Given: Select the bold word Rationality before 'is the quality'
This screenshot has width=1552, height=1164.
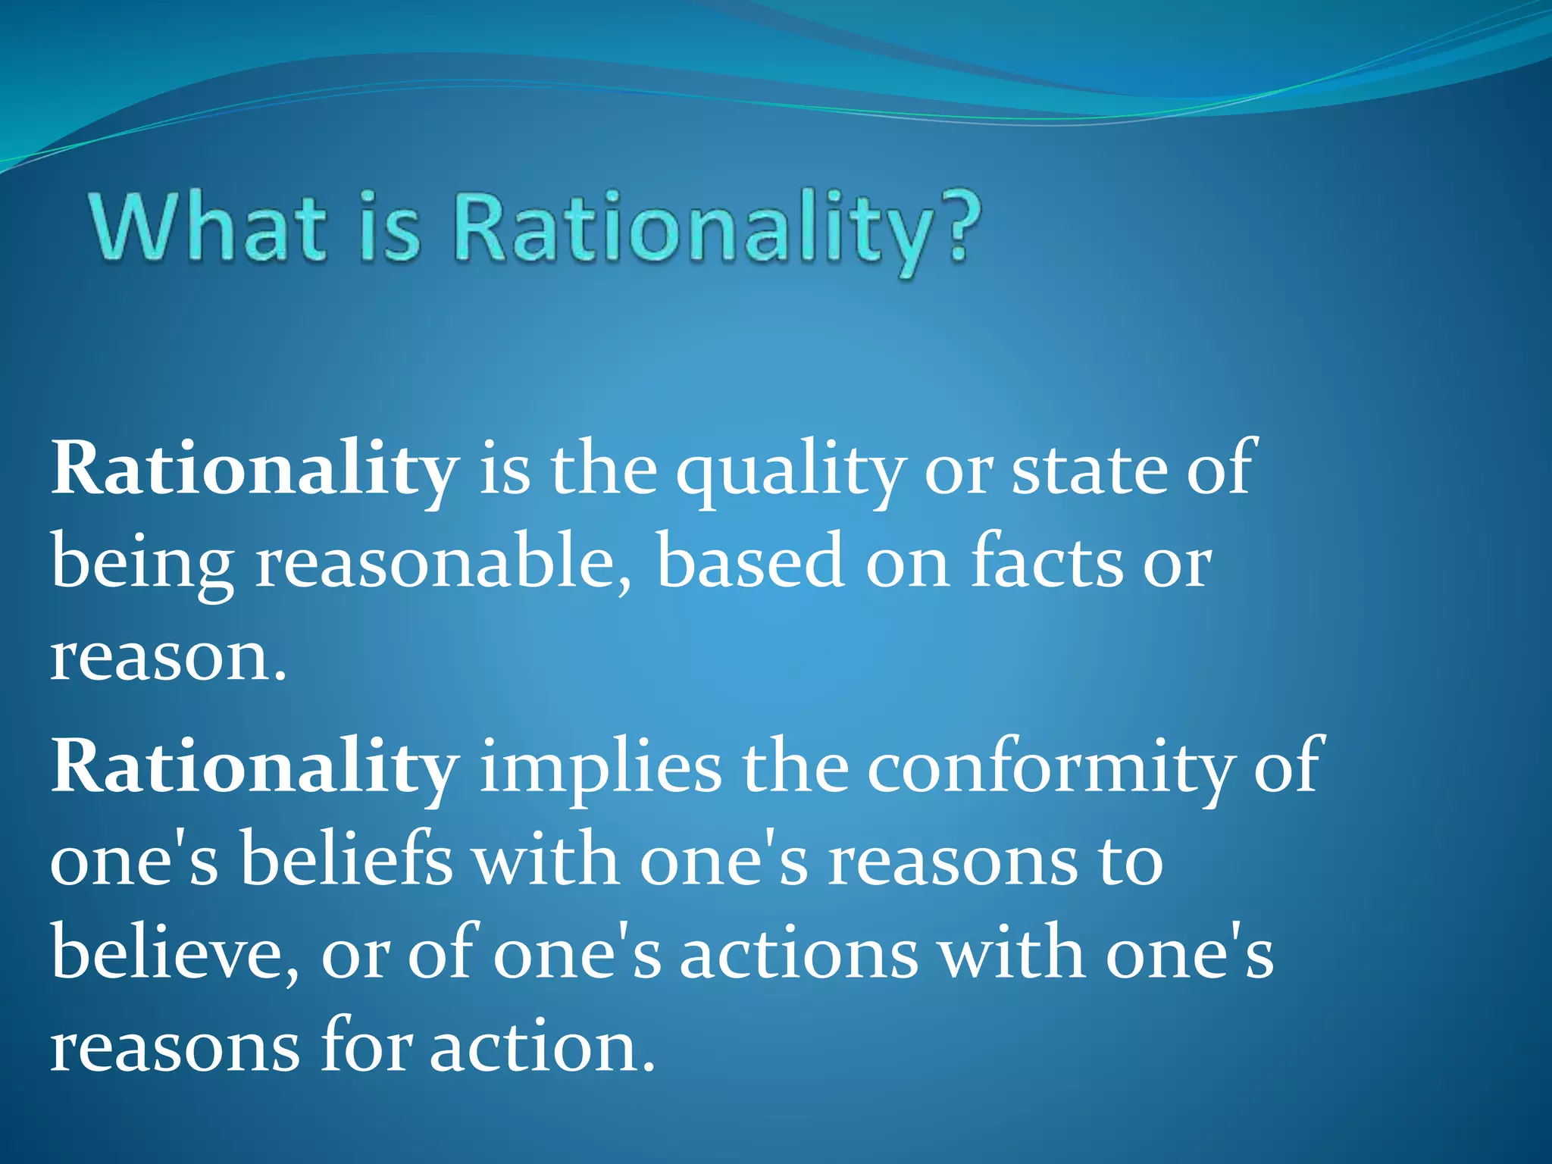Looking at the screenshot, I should (x=254, y=470).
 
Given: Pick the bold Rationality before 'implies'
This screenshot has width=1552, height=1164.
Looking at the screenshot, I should (x=254, y=767).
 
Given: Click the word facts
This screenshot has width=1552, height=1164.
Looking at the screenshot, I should (x=1046, y=561).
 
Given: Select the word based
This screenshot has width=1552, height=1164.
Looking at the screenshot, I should (x=750, y=561).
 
